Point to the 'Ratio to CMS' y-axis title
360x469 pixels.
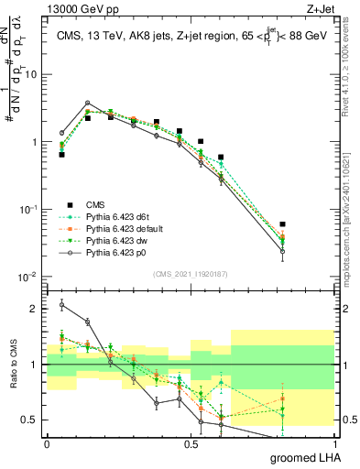(x=12, y=365)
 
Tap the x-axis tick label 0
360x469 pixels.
(x=48, y=444)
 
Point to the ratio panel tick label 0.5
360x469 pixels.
(x=33, y=420)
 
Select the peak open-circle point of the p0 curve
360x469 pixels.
(x=87, y=104)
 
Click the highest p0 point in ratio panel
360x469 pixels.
(x=61, y=304)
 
